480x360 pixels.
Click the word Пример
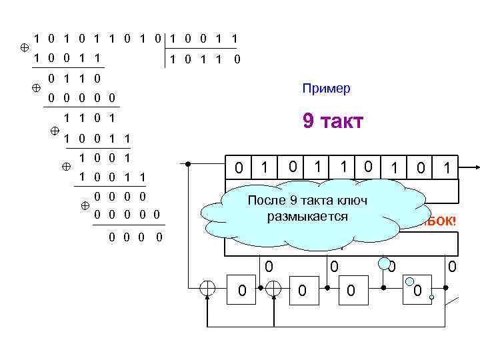coord(325,89)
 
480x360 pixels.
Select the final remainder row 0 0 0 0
coord(135,237)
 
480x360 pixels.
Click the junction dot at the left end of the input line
coord(189,163)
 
